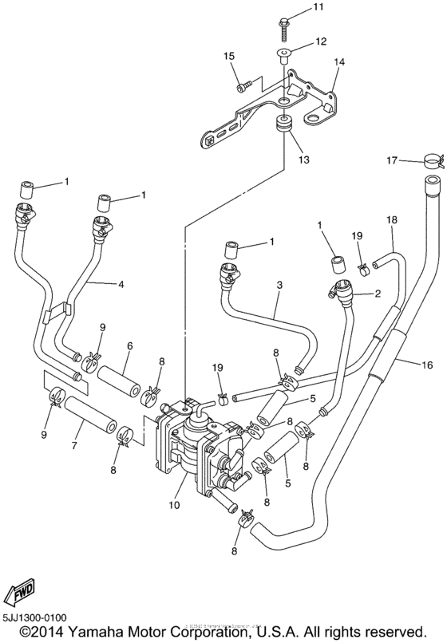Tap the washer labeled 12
tap(283, 54)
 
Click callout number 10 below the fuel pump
tap(174, 505)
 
